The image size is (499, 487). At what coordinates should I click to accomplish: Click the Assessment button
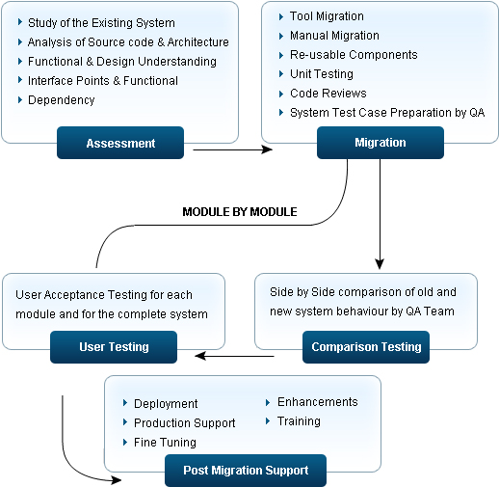[x=120, y=143]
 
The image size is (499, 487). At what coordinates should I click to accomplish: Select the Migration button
[x=381, y=143]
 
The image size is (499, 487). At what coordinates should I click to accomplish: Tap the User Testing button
[x=114, y=347]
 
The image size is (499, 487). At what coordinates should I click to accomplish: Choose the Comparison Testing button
[x=366, y=347]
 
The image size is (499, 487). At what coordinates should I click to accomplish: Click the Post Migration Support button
[x=246, y=471]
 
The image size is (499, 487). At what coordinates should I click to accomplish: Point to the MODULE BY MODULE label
[x=240, y=212]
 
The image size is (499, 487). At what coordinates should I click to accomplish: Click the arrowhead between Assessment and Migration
[x=267, y=149]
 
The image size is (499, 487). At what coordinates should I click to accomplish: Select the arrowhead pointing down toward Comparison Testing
[x=380, y=263]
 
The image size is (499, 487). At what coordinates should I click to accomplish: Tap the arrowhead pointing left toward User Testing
[x=200, y=356]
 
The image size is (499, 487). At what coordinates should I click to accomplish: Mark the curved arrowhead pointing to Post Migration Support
[x=117, y=480]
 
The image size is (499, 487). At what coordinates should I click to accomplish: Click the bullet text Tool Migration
[x=327, y=16]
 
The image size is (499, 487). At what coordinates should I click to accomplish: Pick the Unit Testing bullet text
[x=322, y=74]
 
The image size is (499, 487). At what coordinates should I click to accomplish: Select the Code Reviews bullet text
[x=328, y=94]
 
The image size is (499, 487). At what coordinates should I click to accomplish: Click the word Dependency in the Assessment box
[x=62, y=100]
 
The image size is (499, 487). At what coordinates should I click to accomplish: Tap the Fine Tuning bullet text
[x=165, y=443]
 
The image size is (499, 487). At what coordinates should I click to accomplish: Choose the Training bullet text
[x=299, y=421]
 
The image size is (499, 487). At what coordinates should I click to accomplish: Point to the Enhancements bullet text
[x=318, y=402]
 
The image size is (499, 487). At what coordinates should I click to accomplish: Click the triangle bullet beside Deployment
[x=125, y=403]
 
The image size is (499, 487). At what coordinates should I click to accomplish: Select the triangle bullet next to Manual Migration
[x=281, y=36]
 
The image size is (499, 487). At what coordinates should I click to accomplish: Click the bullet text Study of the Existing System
[x=101, y=23]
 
